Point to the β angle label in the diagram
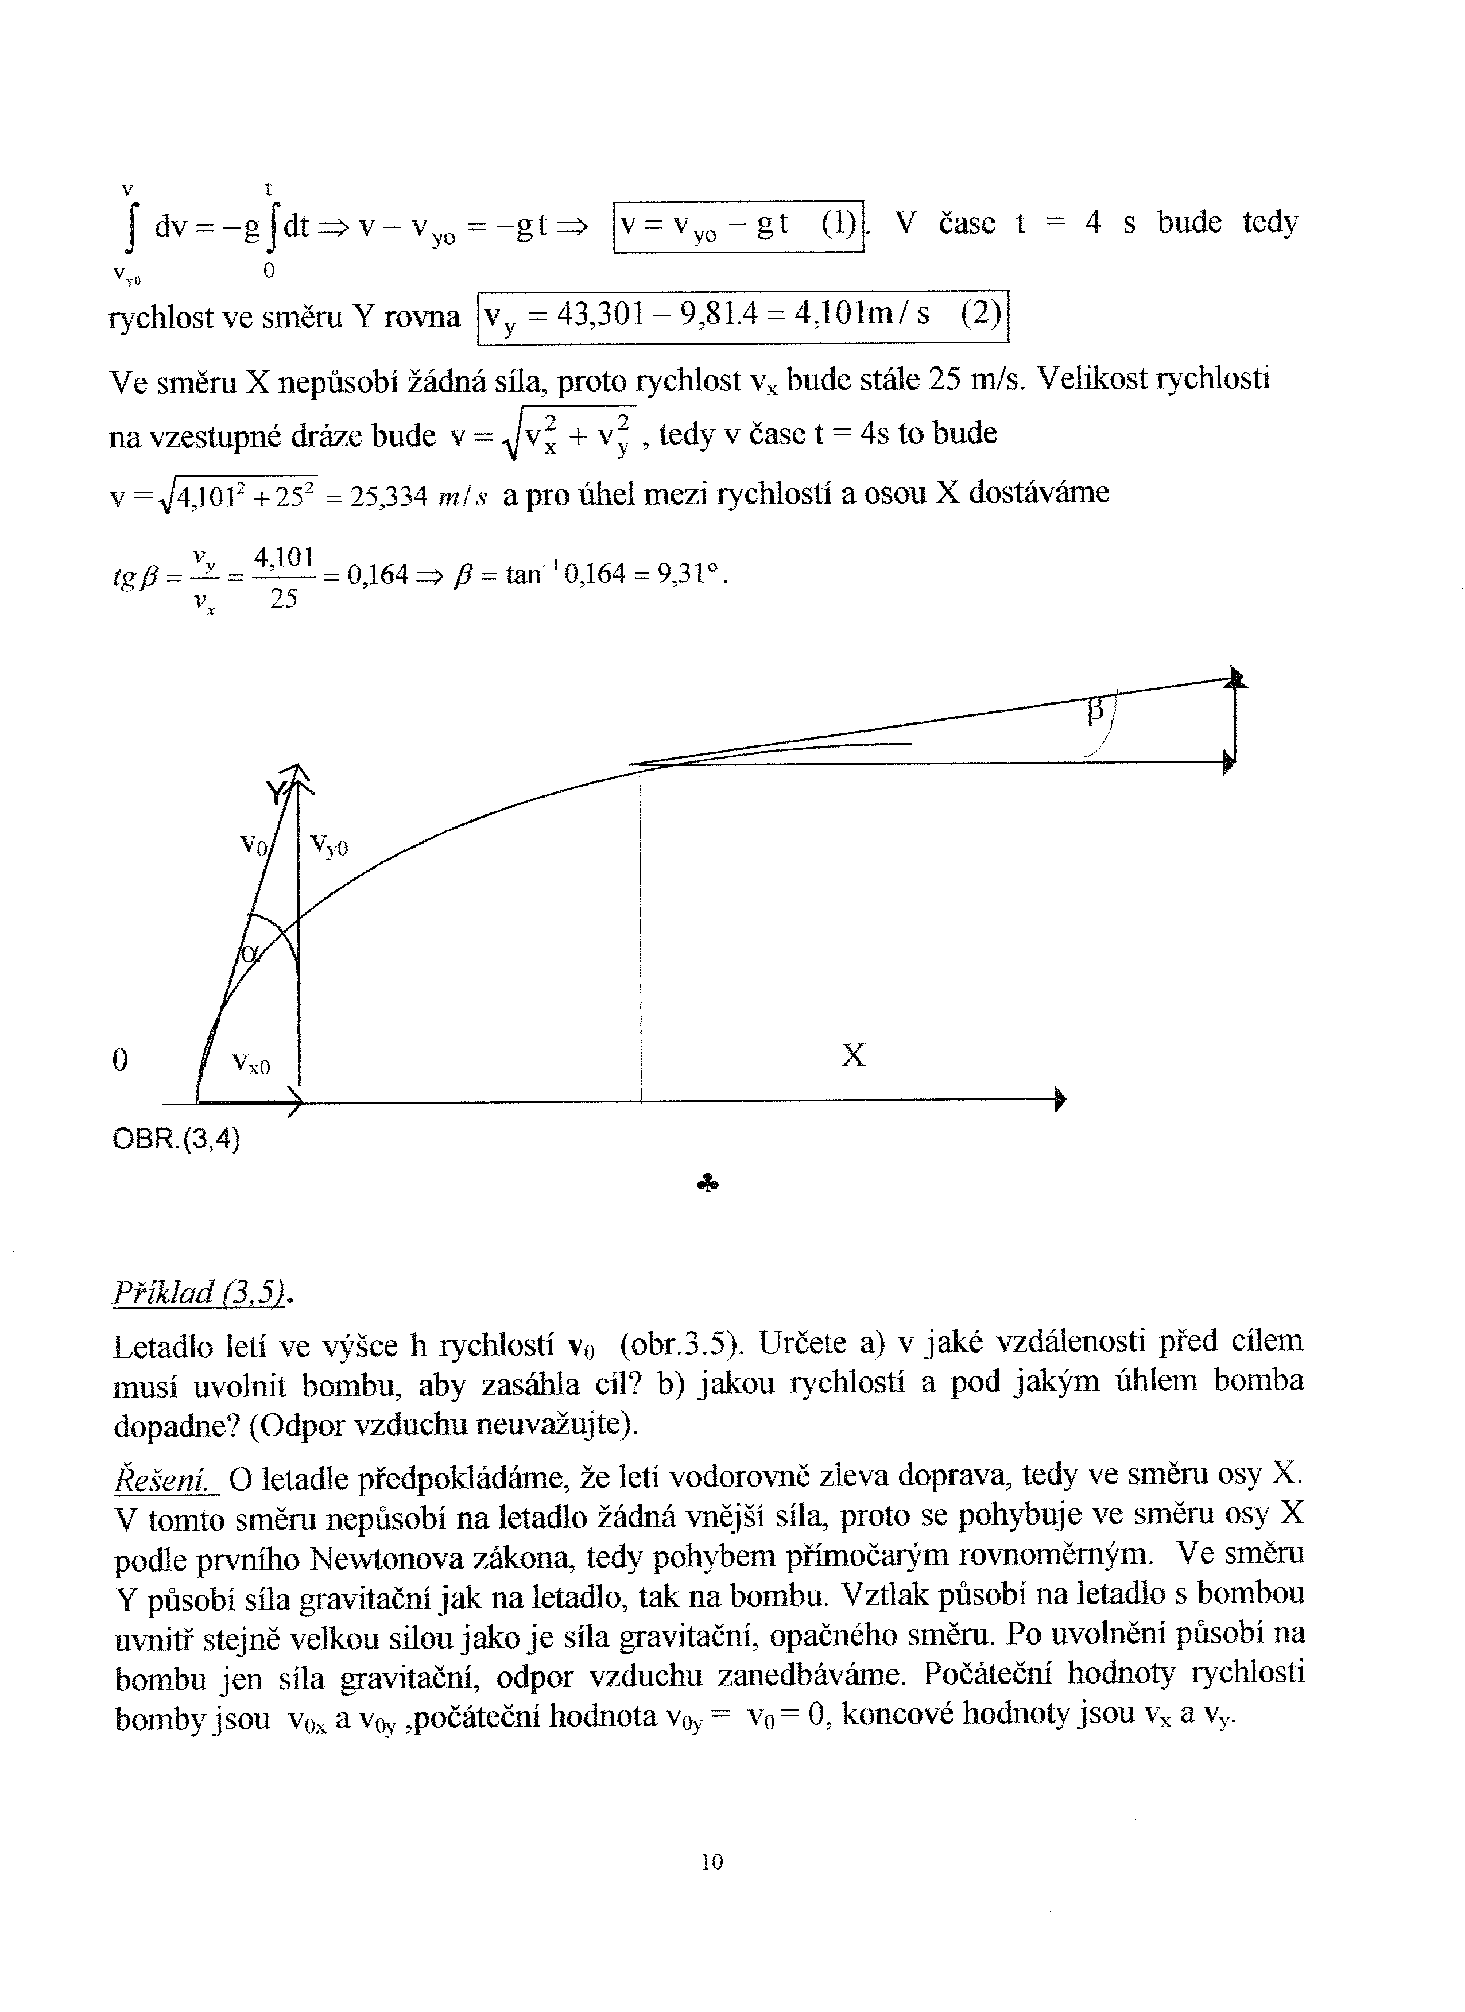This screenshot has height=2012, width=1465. point(1096,711)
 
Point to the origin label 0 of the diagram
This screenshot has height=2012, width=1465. point(121,1060)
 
